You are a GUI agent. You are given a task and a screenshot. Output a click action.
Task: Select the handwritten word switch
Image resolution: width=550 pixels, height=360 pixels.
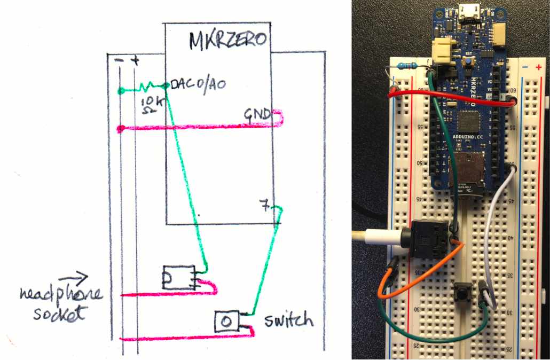[x=288, y=320]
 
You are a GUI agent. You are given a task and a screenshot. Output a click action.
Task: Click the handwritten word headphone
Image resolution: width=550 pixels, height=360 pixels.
[x=61, y=295]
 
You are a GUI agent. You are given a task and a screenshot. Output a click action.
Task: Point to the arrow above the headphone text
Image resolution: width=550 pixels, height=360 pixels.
[x=73, y=277]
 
